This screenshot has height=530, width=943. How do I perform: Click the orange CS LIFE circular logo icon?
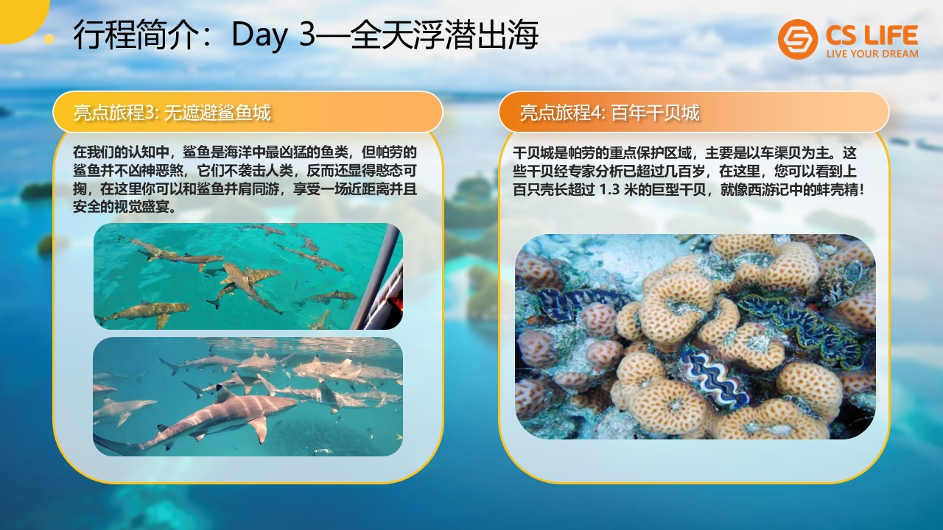[797, 39]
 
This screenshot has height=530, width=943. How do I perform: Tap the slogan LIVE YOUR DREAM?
[872, 54]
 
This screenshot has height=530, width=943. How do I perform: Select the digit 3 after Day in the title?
[307, 34]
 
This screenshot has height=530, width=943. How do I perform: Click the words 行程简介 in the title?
[136, 35]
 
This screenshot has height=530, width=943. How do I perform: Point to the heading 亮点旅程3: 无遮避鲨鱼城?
[172, 113]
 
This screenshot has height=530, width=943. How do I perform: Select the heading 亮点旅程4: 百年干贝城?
[609, 113]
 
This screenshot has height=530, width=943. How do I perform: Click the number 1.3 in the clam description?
[609, 190]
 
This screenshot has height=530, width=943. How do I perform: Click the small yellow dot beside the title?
[49, 39]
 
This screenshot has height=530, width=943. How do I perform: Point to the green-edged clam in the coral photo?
[800, 325]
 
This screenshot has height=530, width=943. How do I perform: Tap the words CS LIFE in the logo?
[872, 35]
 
